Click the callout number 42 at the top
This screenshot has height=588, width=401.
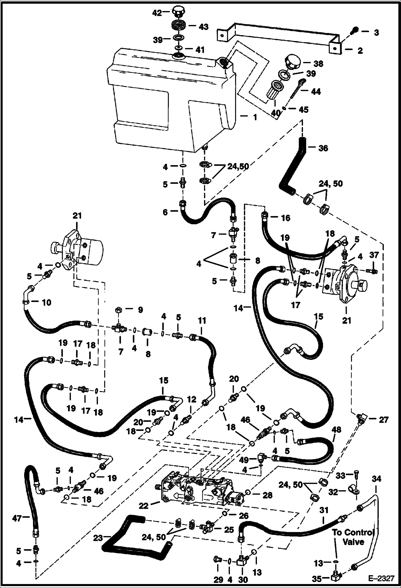157,13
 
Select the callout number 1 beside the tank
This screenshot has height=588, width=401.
255,117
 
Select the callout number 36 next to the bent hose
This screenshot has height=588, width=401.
323,148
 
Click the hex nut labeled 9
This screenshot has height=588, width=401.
118,310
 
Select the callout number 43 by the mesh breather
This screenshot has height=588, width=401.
203,27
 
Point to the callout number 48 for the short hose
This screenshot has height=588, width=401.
336,429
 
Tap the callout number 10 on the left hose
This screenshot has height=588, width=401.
47,303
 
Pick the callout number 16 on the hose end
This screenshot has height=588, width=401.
286,218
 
